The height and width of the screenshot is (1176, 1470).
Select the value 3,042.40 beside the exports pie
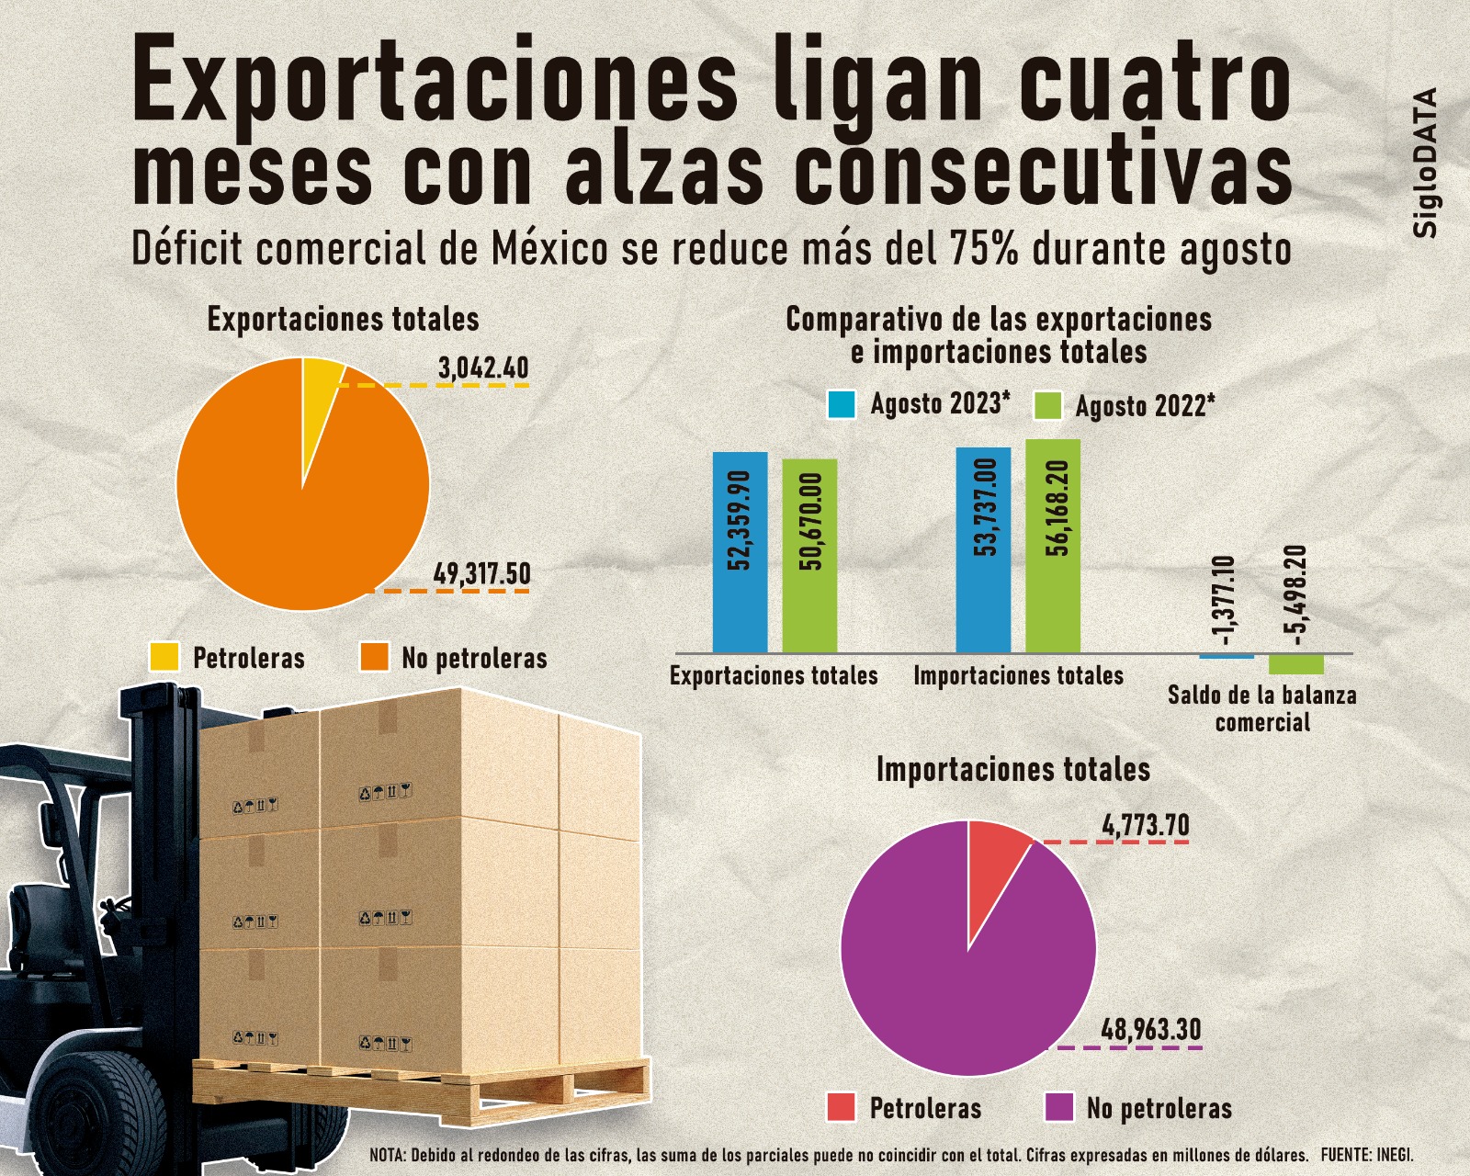point(483,368)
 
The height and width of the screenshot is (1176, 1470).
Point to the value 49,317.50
point(481,574)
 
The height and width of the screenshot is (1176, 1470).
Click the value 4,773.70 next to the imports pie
point(1145,826)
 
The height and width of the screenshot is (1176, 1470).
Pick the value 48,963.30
point(1150,1030)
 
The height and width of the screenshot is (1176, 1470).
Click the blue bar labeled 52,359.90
point(740,551)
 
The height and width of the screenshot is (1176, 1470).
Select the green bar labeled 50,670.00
point(809,555)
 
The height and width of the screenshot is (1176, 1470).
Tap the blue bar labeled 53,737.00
point(983,549)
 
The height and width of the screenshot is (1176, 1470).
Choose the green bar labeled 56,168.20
point(1053,546)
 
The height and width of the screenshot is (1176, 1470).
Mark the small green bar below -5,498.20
point(1295,664)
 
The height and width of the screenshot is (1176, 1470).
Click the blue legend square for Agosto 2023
point(842,404)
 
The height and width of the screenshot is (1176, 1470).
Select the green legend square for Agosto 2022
point(1047,405)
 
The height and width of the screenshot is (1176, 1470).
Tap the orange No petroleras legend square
point(375,657)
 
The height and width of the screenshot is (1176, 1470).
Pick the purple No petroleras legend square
point(1059,1107)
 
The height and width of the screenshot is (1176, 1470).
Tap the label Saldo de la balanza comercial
point(1261,707)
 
